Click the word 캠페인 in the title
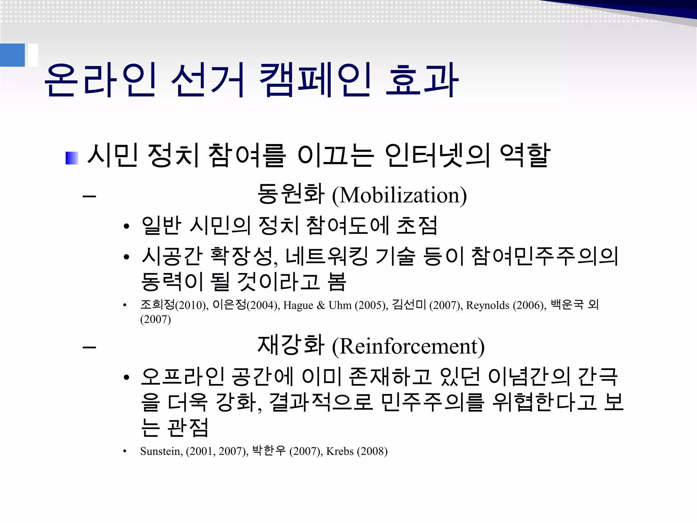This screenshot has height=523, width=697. click(x=315, y=80)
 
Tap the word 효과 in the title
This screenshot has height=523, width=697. click(x=422, y=80)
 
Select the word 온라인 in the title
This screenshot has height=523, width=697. click(x=100, y=80)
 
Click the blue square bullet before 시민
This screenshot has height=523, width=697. click(x=71, y=158)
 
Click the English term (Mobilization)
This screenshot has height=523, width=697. click(x=399, y=195)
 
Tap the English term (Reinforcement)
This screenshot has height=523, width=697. click(x=408, y=347)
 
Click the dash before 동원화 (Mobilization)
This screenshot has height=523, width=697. click(x=89, y=196)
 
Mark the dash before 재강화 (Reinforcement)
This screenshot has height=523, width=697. click(x=89, y=347)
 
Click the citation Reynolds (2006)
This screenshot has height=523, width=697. click(x=505, y=305)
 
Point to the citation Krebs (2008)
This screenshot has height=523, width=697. click(x=357, y=451)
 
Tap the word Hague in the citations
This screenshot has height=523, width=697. click(x=298, y=305)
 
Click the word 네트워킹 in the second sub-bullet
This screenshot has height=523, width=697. click(x=326, y=256)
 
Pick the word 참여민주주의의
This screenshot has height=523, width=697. click(x=545, y=256)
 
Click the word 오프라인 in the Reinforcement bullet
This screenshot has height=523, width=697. click(x=182, y=377)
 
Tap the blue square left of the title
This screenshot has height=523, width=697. click(x=12, y=55)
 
